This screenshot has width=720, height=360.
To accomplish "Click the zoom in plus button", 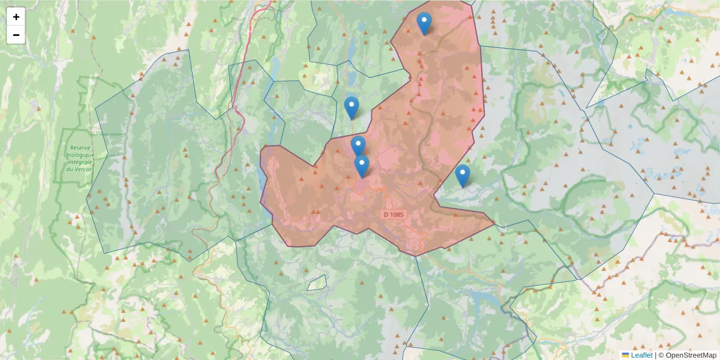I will pos(16,17).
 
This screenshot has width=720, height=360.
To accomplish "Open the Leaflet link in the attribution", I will pos(641,355).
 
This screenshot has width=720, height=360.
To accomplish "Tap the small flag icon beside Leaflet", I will pos(625,355).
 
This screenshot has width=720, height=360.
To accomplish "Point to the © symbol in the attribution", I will pos(661,355).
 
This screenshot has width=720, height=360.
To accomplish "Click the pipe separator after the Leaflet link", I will pos(655,355).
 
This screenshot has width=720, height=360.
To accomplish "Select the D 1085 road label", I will pos(393,214).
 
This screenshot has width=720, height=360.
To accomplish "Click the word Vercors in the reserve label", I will pos(83,169).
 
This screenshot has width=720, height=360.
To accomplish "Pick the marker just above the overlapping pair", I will pos(352,109).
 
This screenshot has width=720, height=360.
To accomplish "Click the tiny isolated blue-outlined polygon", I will pos(317,283).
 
